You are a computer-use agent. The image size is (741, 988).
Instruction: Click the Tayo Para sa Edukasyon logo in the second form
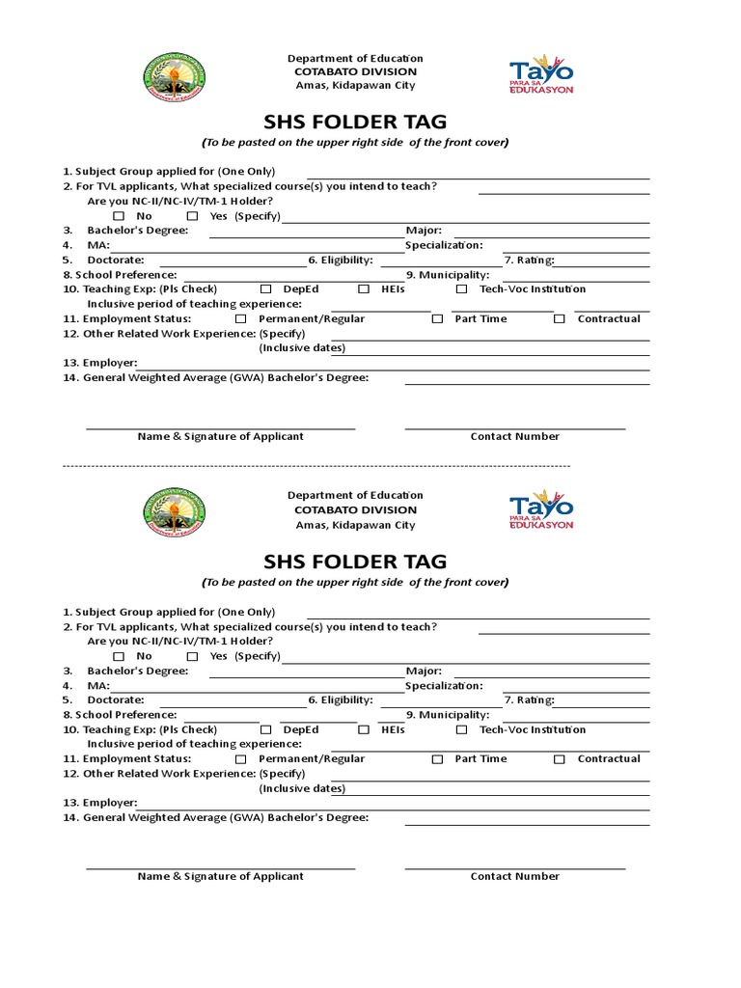click(541, 509)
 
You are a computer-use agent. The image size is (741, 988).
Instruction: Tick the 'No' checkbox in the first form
click(119, 216)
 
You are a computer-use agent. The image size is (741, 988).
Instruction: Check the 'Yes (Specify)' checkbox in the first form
click(192, 216)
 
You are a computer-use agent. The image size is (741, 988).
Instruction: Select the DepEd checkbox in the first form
click(265, 289)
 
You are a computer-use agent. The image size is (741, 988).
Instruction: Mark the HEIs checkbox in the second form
click(364, 729)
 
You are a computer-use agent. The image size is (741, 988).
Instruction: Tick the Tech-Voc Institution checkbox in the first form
click(461, 289)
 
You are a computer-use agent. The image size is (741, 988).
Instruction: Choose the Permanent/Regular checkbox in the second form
click(240, 759)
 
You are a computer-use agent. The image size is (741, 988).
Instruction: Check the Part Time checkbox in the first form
click(437, 319)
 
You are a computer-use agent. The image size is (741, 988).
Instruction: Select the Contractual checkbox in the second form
click(560, 759)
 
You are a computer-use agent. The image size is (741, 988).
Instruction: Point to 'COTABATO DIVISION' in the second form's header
click(355, 510)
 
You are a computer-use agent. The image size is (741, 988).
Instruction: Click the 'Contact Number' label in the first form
click(514, 437)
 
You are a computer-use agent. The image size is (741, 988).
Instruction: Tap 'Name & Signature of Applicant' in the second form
click(220, 877)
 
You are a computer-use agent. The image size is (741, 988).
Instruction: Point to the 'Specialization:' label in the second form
click(444, 686)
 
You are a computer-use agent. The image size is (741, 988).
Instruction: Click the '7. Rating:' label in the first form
click(529, 261)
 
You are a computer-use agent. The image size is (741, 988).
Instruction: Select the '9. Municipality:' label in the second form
click(448, 715)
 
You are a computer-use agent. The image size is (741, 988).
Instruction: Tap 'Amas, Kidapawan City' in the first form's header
click(355, 86)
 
